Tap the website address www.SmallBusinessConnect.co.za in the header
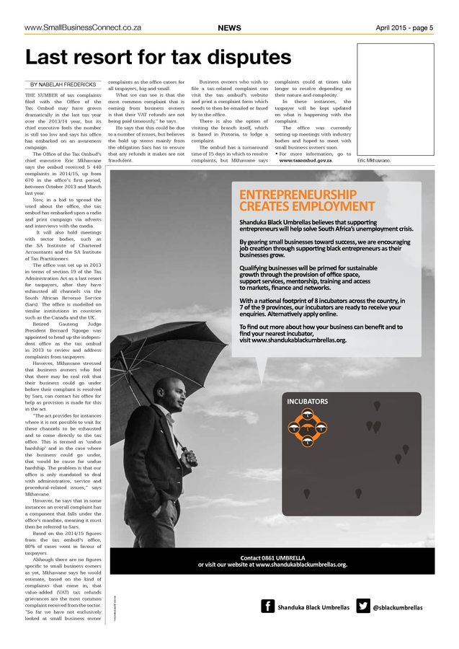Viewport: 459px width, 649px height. pyautogui.click(x=82, y=28)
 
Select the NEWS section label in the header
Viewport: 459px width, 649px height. pyautogui.click(x=229, y=28)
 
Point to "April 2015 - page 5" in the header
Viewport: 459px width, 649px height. pyautogui.click(x=404, y=28)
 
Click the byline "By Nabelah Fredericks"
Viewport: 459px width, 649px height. pyautogui.click(x=63, y=84)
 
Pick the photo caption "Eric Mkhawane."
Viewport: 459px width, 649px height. pyautogui.click(x=374, y=161)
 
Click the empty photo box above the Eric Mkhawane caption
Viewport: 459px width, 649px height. pyautogui.click(x=395, y=100)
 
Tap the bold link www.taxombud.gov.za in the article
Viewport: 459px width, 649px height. pyautogui.click(x=306, y=161)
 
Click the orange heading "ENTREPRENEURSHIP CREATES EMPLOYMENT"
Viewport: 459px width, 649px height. pyautogui.click(x=297, y=200)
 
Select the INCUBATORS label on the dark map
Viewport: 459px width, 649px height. pyautogui.click(x=308, y=401)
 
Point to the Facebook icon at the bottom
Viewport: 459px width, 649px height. pyautogui.click(x=267, y=606)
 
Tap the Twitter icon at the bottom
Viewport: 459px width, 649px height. pyautogui.click(x=362, y=606)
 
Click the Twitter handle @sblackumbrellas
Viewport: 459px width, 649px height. pyautogui.click(x=398, y=607)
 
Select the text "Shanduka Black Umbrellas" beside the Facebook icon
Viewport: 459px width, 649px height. pyautogui.click(x=313, y=607)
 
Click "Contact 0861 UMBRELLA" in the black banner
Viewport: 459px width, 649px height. pyautogui.click(x=272, y=557)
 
